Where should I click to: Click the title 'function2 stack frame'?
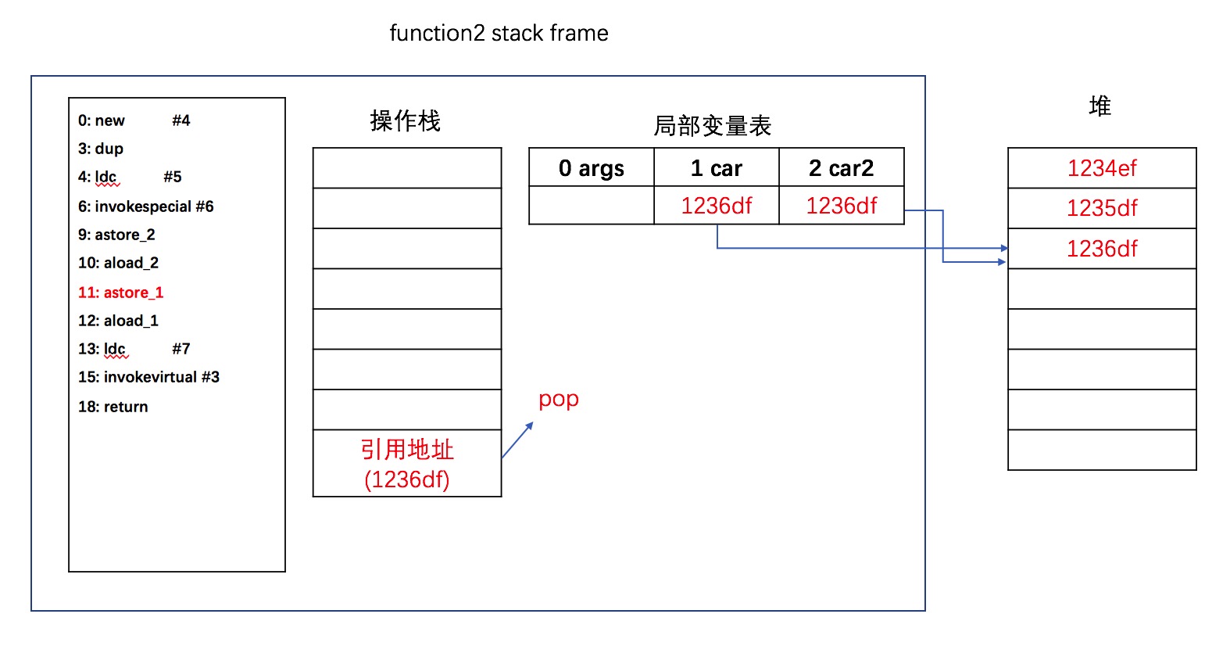point(499,33)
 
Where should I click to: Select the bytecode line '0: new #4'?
point(134,120)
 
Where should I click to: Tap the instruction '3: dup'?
point(101,149)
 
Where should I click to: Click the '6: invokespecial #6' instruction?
point(145,206)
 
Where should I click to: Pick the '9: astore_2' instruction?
point(116,235)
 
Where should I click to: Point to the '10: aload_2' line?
point(118,263)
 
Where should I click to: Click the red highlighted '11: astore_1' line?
point(121,292)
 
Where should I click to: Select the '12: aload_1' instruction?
point(118,321)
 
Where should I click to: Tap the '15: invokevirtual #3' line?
point(148,377)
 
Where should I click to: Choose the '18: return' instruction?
point(113,406)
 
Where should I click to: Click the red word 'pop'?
point(559,400)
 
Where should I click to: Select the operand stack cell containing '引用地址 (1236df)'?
point(407,464)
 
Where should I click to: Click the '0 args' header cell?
point(592,167)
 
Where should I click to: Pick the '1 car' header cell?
point(717,167)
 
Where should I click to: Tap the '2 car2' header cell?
point(842,167)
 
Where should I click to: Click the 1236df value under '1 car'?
point(717,206)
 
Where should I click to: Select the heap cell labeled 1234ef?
point(1102,167)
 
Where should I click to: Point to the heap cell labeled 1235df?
point(1102,208)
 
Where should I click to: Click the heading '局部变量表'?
point(712,126)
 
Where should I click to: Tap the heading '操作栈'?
point(406,121)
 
